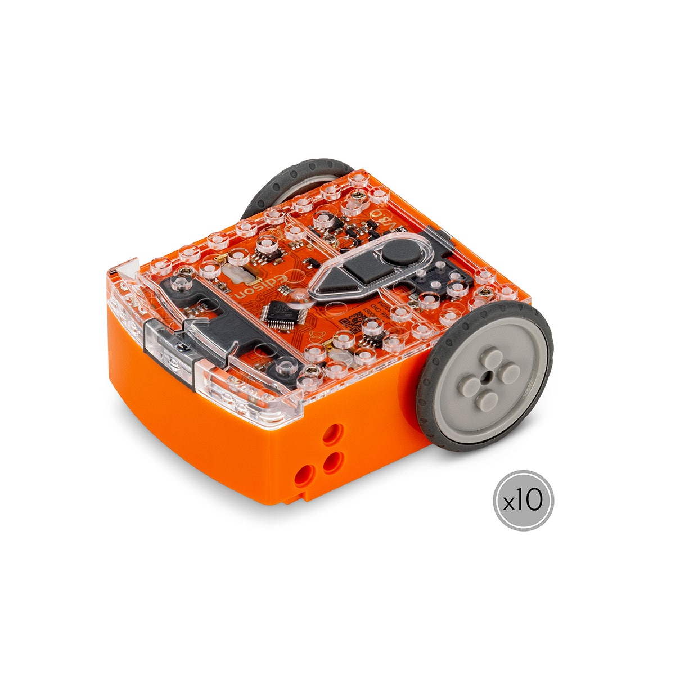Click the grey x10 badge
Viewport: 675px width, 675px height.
pos(523,500)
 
